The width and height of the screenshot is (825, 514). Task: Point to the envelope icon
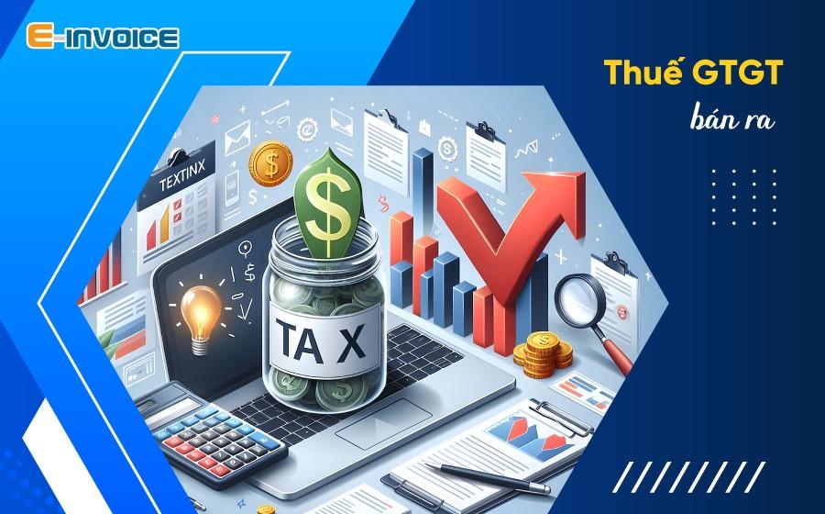pyautogui.click(x=234, y=140)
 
